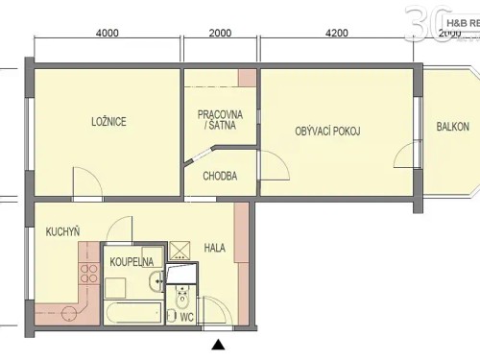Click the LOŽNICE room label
click(x=108, y=121)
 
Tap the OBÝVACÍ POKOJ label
click(x=327, y=131)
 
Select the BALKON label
click(x=452, y=127)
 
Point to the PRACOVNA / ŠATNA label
click(x=220, y=120)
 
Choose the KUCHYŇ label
click(x=62, y=232)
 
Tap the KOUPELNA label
click(x=130, y=261)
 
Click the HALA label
click(x=215, y=248)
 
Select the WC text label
click(x=187, y=316)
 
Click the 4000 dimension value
click(x=107, y=32)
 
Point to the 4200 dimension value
click(x=336, y=32)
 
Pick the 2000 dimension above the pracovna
click(x=220, y=32)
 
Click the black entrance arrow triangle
click(x=218, y=344)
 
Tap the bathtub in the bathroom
click(x=132, y=313)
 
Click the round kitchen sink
click(x=68, y=313)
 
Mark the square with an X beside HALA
click(x=180, y=252)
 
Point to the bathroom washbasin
click(x=157, y=281)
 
